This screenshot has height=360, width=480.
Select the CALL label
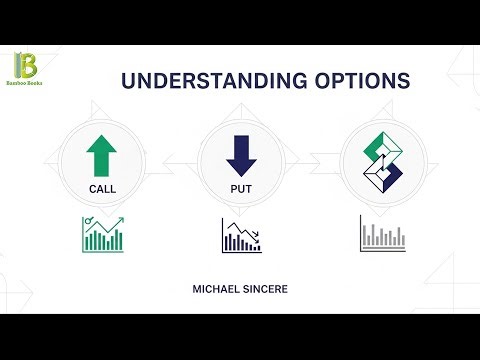102,187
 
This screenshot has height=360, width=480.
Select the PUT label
240,187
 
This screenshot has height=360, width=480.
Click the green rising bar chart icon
103,233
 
